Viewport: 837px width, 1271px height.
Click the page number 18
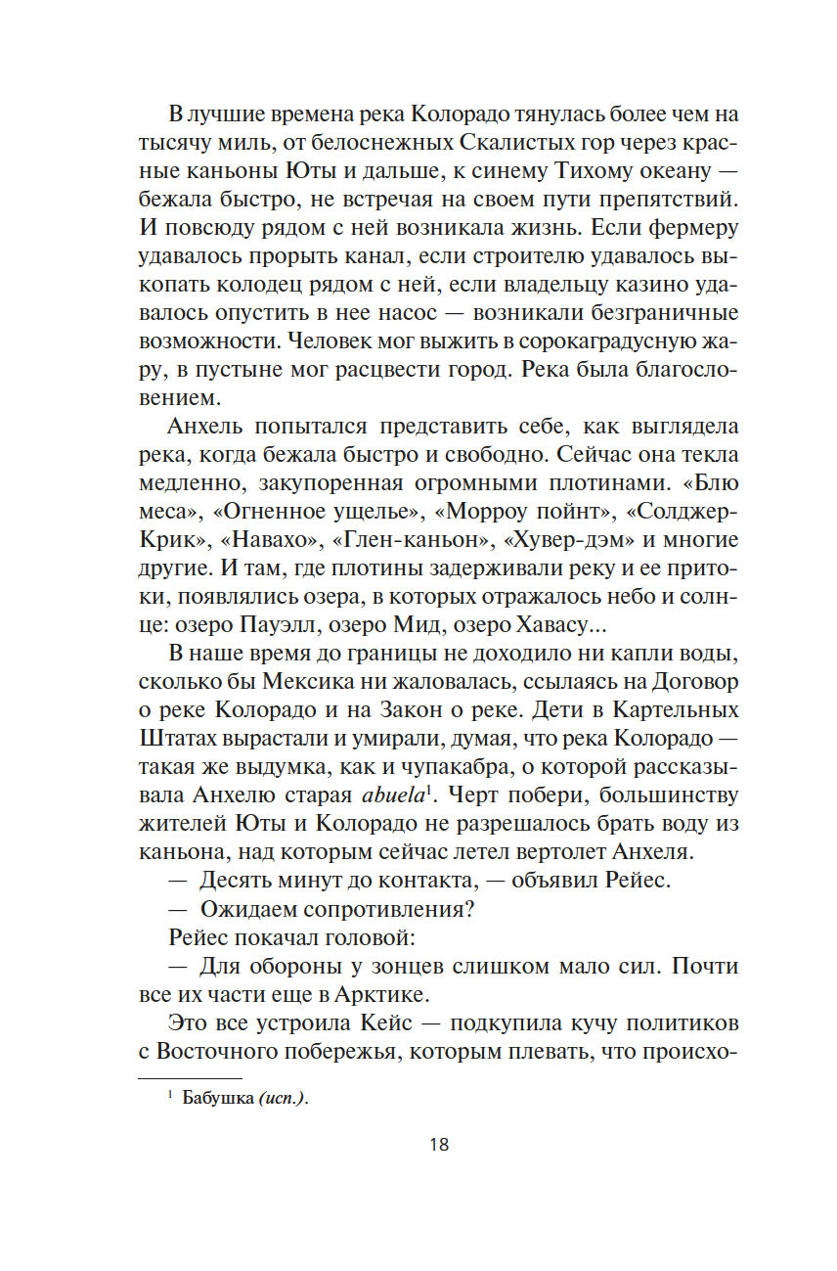pyautogui.click(x=438, y=1144)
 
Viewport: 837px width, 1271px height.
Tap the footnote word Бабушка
pyautogui.click(x=218, y=1099)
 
